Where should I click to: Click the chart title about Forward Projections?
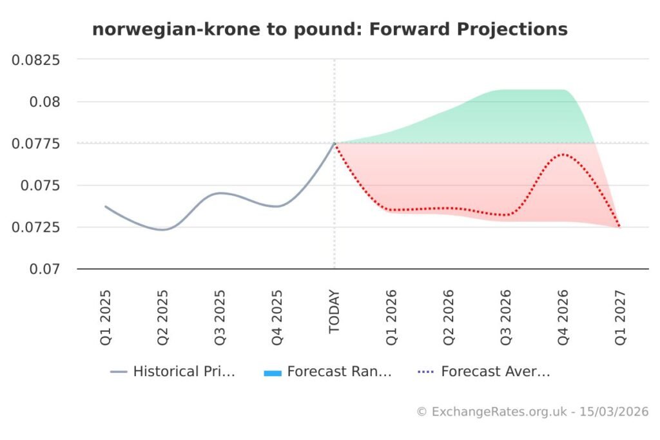[329, 30]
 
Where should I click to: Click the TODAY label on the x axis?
[334, 312]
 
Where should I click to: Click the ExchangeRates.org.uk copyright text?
[532, 412]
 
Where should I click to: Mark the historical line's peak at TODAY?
[335, 143]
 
